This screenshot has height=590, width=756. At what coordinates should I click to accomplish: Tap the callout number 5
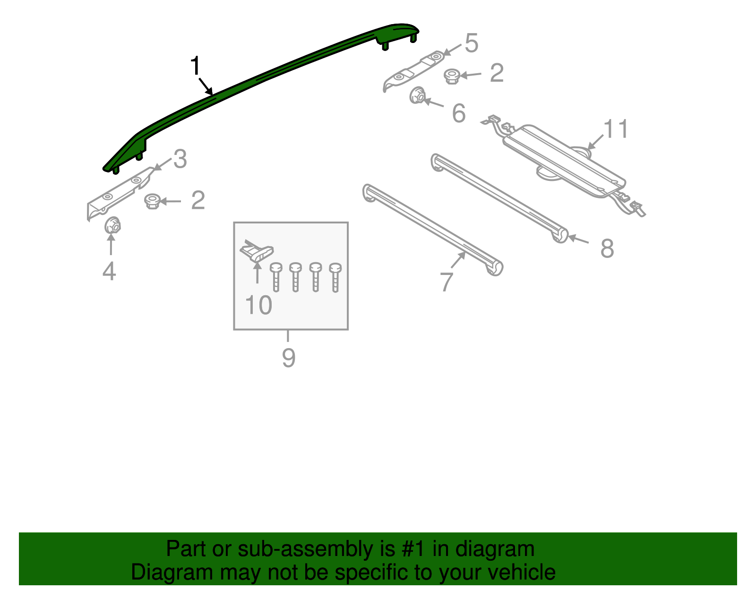(x=471, y=43)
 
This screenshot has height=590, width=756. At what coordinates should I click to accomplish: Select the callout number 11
(x=616, y=129)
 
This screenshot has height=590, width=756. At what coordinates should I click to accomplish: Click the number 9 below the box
(x=288, y=358)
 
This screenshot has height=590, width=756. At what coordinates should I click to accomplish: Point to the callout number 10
(x=258, y=305)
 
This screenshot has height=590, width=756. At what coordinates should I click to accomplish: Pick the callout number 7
(x=447, y=282)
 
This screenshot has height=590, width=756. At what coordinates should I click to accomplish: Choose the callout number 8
(x=607, y=248)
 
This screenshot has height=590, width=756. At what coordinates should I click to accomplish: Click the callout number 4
(x=109, y=272)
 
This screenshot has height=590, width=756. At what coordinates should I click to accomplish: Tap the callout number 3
(x=180, y=159)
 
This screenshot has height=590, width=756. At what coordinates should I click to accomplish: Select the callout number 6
(x=458, y=113)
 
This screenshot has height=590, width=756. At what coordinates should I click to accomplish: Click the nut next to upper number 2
(x=452, y=76)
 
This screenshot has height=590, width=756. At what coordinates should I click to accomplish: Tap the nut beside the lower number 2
(x=152, y=201)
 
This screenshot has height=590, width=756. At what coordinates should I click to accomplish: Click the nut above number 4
(x=112, y=225)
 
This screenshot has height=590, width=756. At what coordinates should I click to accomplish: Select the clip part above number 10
(x=257, y=251)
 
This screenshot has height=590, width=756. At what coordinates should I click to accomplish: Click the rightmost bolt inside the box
(x=335, y=277)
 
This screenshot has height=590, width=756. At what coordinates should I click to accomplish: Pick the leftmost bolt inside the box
(x=276, y=277)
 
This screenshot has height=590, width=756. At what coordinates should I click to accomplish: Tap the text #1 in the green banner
(x=414, y=549)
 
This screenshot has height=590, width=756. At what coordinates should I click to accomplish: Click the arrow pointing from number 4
(x=111, y=245)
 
